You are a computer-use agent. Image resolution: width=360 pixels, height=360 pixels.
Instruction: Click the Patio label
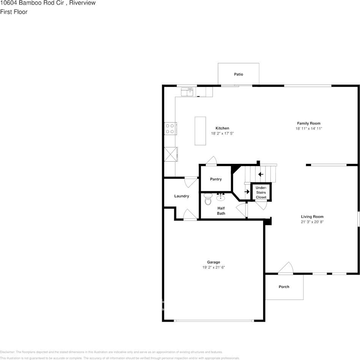pos(238,74)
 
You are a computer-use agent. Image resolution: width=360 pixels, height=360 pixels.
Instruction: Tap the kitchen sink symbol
pos(187,92)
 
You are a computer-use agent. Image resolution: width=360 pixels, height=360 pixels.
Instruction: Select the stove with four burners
pos(170,129)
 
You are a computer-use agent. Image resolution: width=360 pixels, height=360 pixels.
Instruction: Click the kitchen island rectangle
pos(200,131)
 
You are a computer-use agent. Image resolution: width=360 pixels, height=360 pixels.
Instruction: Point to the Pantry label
pos(216,179)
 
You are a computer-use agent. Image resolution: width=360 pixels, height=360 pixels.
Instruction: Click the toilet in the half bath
pos(207,199)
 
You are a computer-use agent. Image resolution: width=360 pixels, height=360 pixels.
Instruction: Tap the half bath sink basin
pos(221,198)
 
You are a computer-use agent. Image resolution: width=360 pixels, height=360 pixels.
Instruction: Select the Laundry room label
pos(182,196)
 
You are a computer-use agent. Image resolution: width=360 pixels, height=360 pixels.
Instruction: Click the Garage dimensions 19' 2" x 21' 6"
pos(213,267)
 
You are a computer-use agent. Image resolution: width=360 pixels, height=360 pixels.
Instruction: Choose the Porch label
pos(284,287)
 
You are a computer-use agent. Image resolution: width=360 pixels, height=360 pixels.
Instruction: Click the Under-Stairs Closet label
pos(261,192)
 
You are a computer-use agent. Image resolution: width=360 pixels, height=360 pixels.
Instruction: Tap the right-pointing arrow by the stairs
pos(247,192)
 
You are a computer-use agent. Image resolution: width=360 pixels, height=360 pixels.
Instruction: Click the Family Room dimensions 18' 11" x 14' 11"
pos(308,129)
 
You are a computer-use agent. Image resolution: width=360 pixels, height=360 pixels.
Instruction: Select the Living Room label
pos(312,217)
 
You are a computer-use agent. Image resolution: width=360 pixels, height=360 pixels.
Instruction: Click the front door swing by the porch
pos(286,268)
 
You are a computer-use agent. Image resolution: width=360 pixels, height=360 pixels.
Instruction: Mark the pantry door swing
pos(211,161)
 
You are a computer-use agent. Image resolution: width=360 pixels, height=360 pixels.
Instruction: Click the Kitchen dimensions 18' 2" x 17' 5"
pos(222,134)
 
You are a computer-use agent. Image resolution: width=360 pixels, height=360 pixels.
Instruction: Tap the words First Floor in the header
pos(14,12)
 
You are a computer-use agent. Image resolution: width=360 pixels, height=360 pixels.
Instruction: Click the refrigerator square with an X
pos(170,154)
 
